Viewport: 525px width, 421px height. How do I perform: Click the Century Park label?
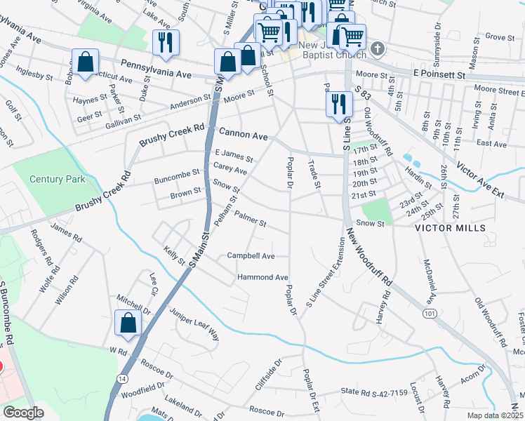58,179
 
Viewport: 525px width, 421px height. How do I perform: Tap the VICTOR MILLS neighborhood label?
450,229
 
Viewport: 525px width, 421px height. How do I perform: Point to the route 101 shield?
428,313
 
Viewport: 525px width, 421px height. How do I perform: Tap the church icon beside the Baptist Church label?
378,49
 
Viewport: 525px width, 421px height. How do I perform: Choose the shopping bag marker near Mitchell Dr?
128,323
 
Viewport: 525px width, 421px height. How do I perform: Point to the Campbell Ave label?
251,256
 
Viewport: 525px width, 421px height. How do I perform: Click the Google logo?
23,413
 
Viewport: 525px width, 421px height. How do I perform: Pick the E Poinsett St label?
439,74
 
